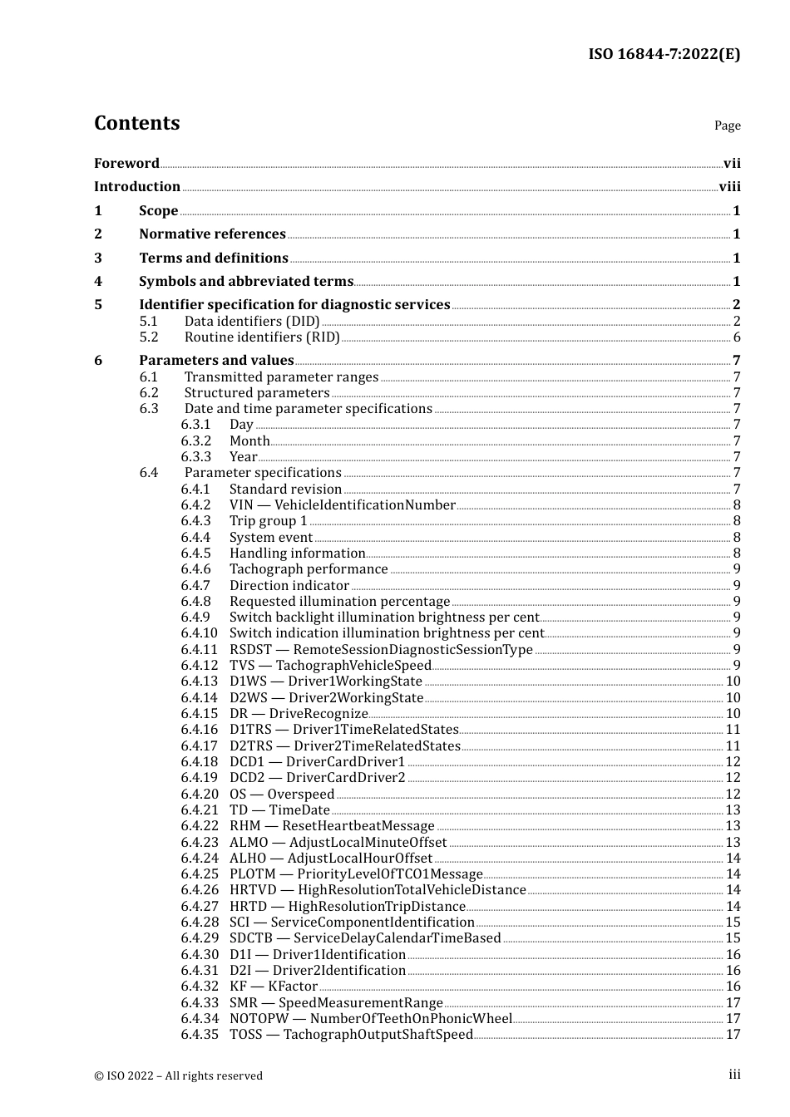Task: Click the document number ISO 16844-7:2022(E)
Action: click(x=664, y=54)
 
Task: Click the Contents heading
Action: click(x=136, y=123)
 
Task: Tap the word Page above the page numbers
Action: click(x=727, y=125)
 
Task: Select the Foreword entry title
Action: click(x=126, y=164)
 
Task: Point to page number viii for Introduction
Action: click(x=729, y=187)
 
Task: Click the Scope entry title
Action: click(x=158, y=211)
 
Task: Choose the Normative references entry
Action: click(x=212, y=234)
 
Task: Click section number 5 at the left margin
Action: click(x=98, y=305)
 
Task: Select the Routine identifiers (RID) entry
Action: click(x=262, y=337)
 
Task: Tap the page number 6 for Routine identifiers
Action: click(x=737, y=337)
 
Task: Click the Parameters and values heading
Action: click(x=216, y=361)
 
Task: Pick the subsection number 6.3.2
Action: click(x=196, y=441)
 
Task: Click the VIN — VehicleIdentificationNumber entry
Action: click(x=342, y=505)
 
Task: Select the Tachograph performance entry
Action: click(x=309, y=569)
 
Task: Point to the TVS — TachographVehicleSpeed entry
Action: click(x=330, y=666)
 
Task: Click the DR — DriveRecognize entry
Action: click(x=299, y=714)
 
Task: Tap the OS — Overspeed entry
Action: click(x=282, y=795)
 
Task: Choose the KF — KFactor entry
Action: click(x=274, y=987)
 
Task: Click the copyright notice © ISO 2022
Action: click(x=178, y=1076)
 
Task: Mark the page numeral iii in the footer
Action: click(x=734, y=1075)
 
